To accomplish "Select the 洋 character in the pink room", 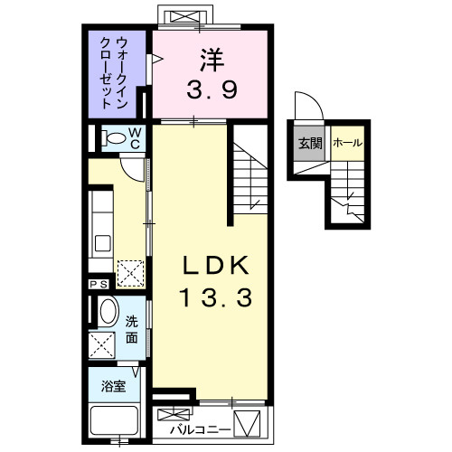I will [x=211, y=60].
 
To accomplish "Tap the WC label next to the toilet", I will [x=134, y=137].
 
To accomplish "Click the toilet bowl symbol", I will [x=115, y=138].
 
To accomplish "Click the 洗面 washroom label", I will [x=132, y=327].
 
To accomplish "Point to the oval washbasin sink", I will [x=108, y=313].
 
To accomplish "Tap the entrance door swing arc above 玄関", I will [x=305, y=107].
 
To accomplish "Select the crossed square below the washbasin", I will [x=100, y=344].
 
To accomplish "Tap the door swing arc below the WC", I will [x=133, y=165].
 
